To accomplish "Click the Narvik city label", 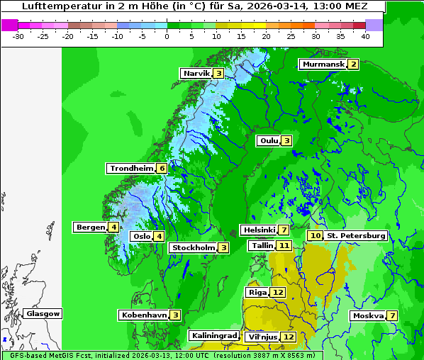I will (196, 73).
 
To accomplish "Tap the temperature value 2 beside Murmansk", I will (352, 64).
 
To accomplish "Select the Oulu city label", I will (269, 140).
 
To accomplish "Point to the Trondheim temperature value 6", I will (162, 168).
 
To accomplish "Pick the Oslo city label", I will (142, 236).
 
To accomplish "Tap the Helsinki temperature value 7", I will (283, 230).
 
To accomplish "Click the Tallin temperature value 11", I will (284, 245).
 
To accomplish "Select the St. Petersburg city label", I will (357, 235).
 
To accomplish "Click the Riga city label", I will (257, 292).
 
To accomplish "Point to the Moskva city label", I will (368, 315).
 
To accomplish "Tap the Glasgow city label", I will (43, 313).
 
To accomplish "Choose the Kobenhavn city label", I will (144, 315).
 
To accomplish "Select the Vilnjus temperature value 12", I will (288, 337).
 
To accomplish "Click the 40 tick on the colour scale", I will (365, 35).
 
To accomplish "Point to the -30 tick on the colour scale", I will (18, 35).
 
